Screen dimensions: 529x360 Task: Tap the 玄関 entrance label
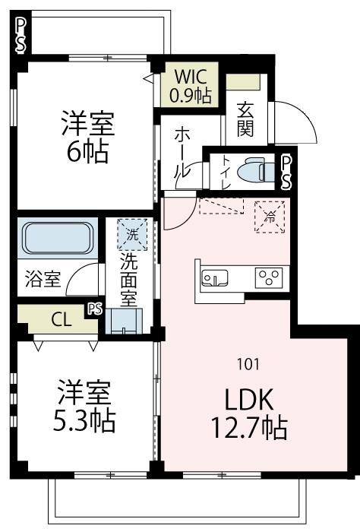click(245, 119)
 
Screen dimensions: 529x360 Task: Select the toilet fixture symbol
click(251, 170)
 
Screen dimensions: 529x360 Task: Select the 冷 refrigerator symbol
click(267, 214)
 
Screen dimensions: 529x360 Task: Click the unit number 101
click(248, 364)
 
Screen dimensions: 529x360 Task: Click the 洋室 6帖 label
click(85, 136)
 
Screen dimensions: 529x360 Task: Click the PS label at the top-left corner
click(21, 34)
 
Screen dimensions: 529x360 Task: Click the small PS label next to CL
click(94, 309)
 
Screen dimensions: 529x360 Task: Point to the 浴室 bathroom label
click(42, 278)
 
